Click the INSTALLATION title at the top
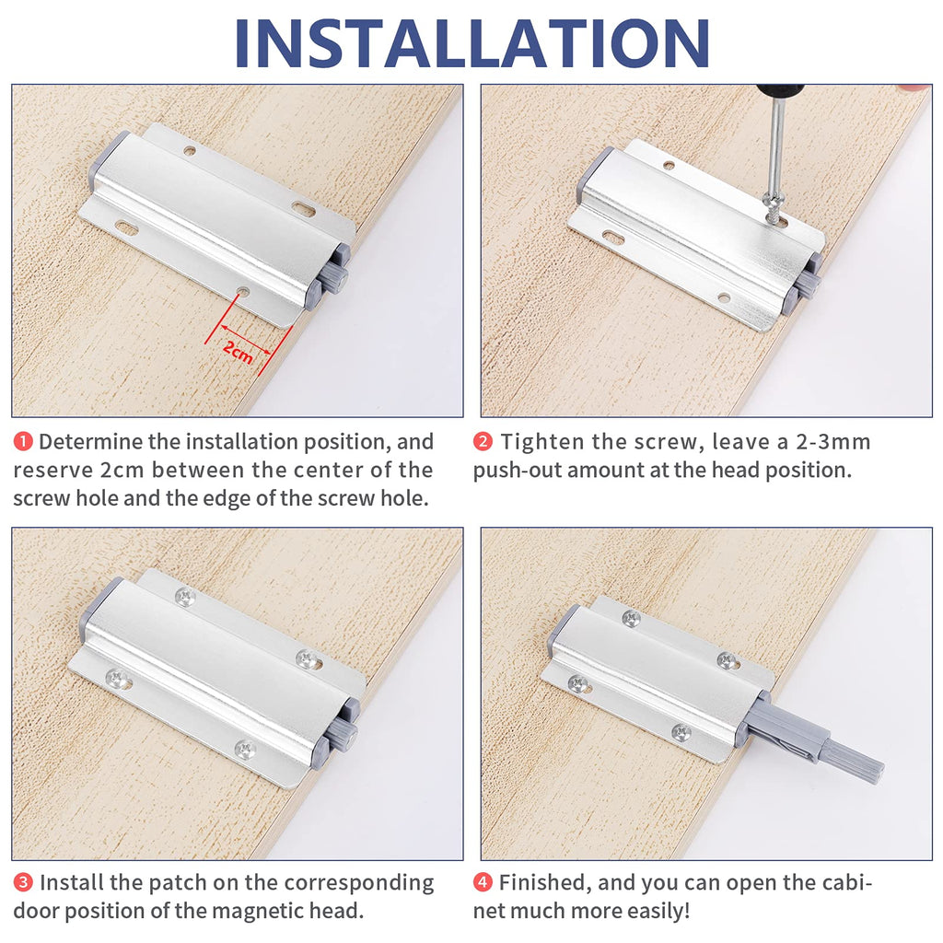471,41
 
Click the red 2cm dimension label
238,351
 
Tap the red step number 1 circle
23,442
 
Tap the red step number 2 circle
483,442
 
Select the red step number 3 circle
23,883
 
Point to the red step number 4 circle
483,883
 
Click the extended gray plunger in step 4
820,741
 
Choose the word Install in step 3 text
72,883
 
